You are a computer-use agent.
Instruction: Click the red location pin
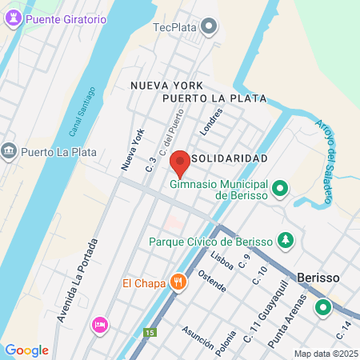180,162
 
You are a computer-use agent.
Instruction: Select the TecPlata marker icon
210,27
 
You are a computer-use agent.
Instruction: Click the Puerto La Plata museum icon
10,150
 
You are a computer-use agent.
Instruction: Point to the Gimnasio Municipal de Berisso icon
280,189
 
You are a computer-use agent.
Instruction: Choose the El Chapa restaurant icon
178,282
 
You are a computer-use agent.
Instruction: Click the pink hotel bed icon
100,324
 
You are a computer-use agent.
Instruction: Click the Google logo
26,350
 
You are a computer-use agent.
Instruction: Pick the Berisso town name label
318,277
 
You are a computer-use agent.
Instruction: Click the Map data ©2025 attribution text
326,354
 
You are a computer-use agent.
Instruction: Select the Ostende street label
212,282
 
